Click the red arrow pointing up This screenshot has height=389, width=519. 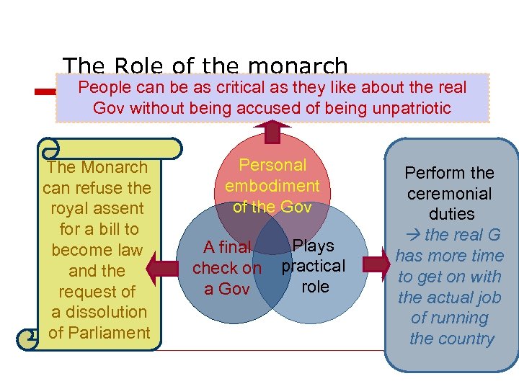(x=272, y=131)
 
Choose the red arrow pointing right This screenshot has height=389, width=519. (x=375, y=263)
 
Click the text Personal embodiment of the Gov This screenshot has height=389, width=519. (x=272, y=186)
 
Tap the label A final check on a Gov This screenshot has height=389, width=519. (x=226, y=268)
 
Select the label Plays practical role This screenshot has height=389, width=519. (x=314, y=266)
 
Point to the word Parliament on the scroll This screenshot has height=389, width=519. (x=99, y=333)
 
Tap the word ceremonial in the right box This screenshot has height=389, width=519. (x=450, y=194)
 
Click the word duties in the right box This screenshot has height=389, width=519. (x=451, y=214)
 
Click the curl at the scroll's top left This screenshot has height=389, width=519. (x=50, y=149)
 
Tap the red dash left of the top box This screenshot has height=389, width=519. (x=46, y=91)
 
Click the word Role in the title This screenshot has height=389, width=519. (x=141, y=67)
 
